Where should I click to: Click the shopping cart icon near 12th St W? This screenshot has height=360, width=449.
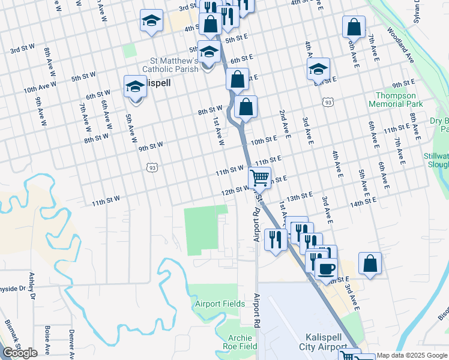point(259,177)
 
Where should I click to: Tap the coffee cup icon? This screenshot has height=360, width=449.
point(326,268)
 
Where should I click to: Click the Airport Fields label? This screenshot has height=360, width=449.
point(220,304)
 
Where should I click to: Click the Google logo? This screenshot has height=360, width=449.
point(20,353)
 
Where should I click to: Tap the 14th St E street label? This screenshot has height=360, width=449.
point(363,204)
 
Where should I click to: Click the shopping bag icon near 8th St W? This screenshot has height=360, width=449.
point(246,107)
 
